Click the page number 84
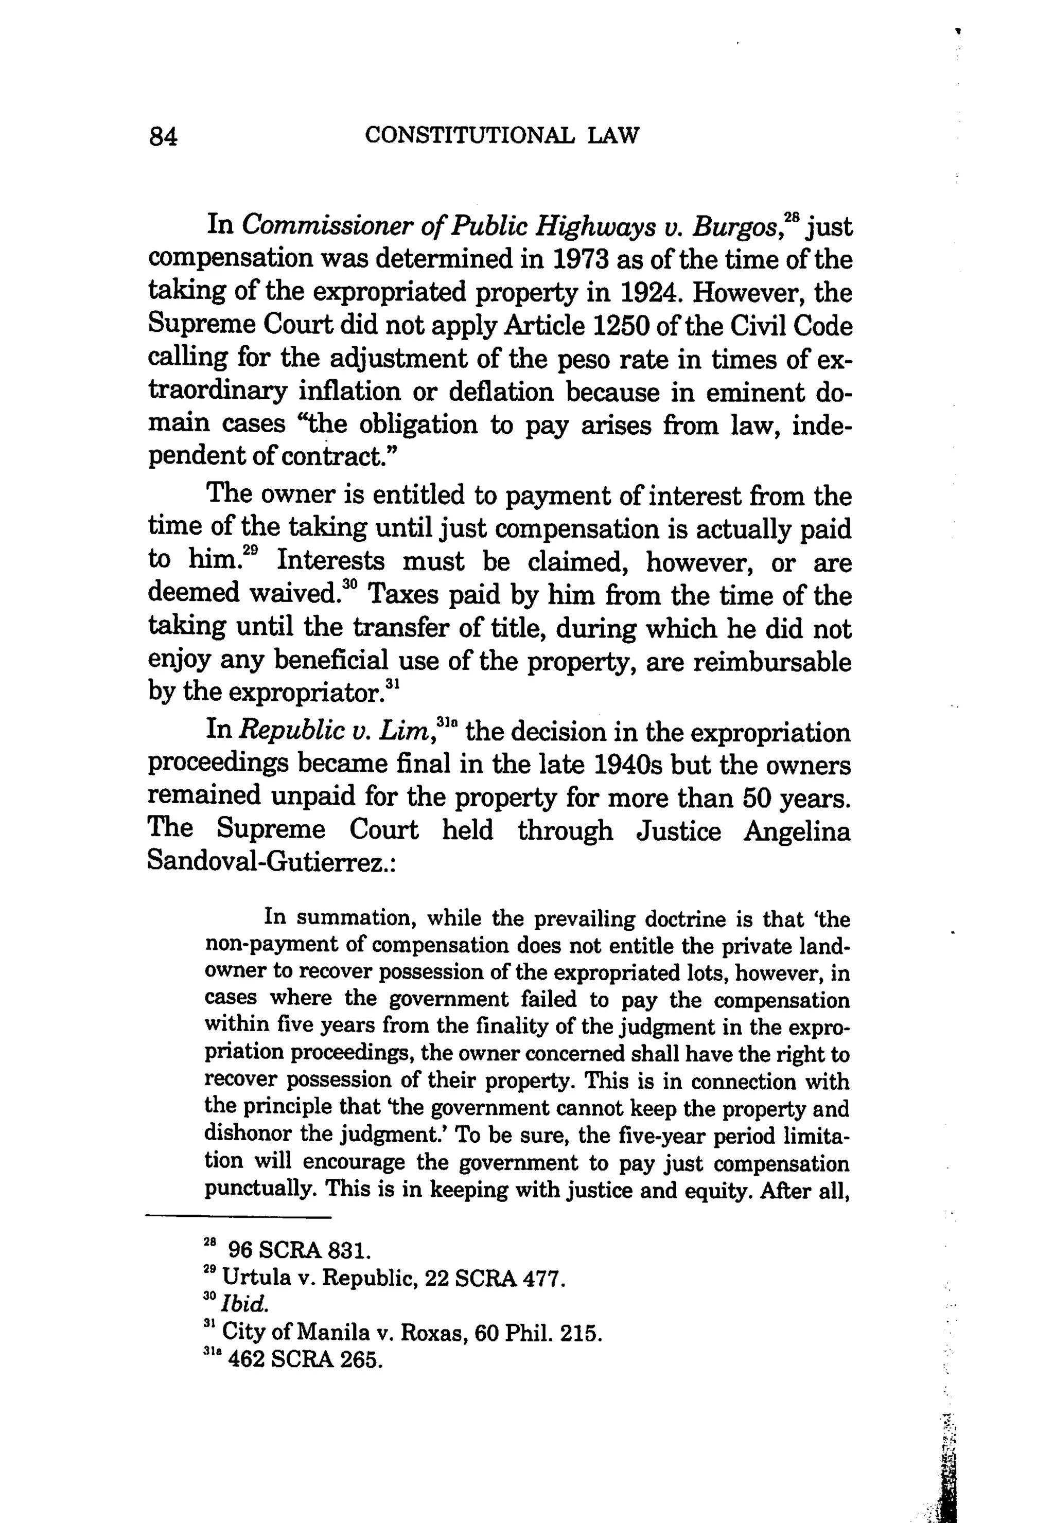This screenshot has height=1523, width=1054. [x=164, y=137]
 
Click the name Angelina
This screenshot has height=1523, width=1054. [x=797, y=830]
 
